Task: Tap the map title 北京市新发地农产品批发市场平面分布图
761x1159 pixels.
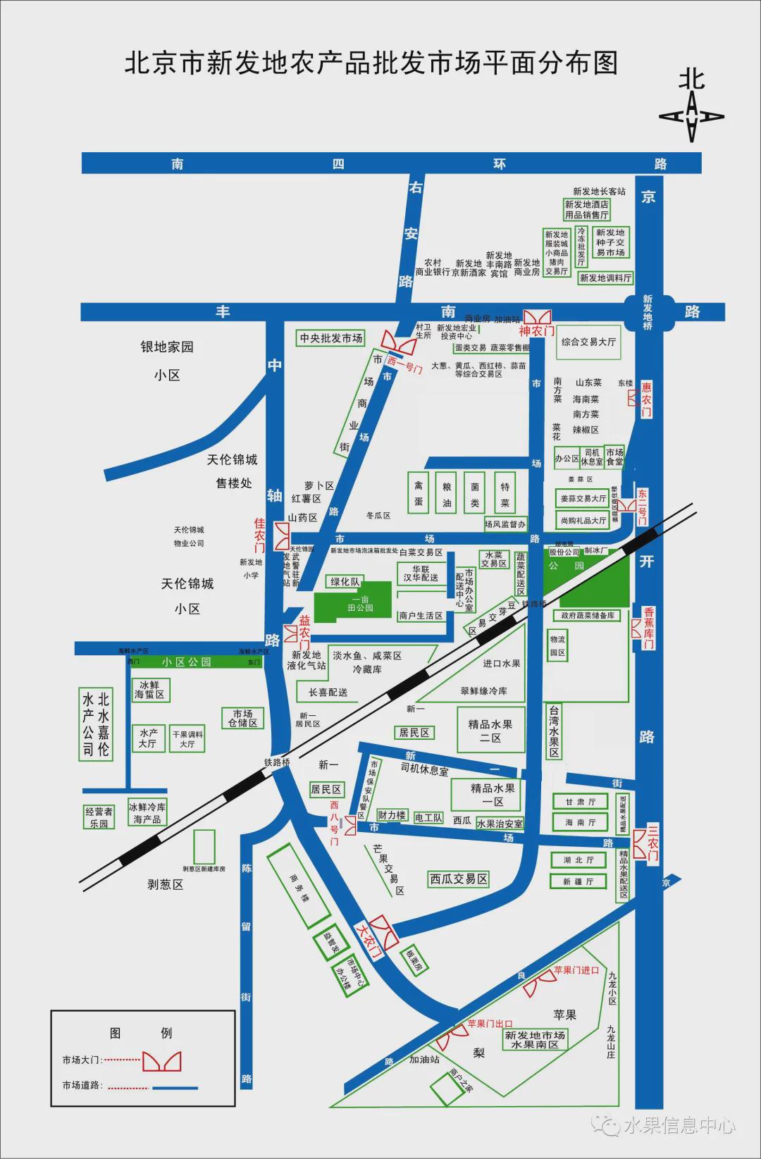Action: coord(371,63)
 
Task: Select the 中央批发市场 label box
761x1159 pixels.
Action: coord(331,338)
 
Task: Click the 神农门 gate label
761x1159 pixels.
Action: coord(537,331)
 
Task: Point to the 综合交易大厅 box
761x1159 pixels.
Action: coord(588,342)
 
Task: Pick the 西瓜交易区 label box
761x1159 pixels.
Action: coord(459,879)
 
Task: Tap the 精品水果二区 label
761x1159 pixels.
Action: coord(490,731)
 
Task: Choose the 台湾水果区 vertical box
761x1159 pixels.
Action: coord(555,731)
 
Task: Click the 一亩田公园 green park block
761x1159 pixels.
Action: coord(352,602)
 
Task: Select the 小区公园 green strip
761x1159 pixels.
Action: coord(187,662)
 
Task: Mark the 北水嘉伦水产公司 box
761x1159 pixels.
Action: coord(96,724)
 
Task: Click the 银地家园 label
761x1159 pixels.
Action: coord(167,347)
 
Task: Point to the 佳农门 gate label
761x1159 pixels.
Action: coord(260,535)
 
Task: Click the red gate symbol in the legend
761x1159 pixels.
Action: coord(162,1061)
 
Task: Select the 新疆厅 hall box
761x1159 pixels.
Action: coord(579,881)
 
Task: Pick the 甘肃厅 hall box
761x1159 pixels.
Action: coord(580,802)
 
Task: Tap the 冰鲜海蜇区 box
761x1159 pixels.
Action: coord(149,690)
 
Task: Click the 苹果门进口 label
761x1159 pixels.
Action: coord(576,970)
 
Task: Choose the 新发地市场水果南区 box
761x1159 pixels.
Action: coord(535,1040)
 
